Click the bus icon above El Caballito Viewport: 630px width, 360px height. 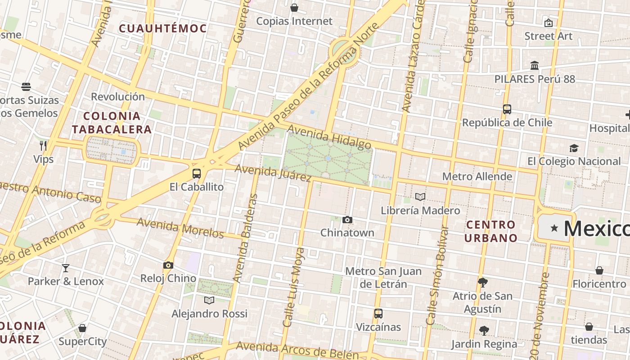click(x=197, y=174)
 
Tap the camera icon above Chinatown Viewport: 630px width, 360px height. click(x=347, y=220)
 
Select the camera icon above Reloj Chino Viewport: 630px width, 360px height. click(x=168, y=265)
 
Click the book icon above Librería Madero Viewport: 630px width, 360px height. click(x=420, y=197)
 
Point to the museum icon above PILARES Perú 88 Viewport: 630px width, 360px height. click(x=535, y=66)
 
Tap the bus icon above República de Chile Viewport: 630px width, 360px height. click(x=507, y=109)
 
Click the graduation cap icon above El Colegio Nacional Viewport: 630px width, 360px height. click(x=574, y=148)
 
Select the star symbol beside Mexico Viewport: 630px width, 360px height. click(x=554, y=229)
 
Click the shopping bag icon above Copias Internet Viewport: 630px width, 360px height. click(x=294, y=8)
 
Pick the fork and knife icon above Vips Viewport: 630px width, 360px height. click(x=43, y=145)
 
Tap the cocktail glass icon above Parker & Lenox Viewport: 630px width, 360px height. click(x=66, y=268)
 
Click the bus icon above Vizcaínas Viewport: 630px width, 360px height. click(x=378, y=314)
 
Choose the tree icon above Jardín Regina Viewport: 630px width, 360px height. click(x=484, y=331)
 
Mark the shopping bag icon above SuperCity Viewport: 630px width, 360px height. click(x=82, y=328)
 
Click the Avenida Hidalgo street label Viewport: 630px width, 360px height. click(x=329, y=137)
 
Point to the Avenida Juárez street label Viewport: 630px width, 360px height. click(x=273, y=173)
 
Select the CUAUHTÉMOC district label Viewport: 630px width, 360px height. click(x=163, y=28)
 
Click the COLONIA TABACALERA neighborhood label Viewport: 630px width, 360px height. click(x=112, y=123)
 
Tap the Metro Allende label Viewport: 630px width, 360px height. click(x=477, y=176)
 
